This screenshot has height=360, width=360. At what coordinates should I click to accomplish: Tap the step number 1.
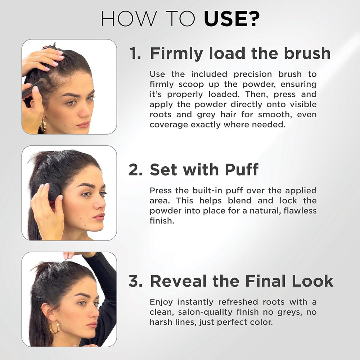pos(136,54)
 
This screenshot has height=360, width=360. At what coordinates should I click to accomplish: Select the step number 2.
pos(136,170)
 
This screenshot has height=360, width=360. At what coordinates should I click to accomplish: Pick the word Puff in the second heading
pos(241,170)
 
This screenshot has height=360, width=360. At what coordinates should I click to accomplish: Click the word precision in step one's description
pos(253,74)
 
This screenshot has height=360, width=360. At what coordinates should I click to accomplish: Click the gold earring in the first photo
pos(43,125)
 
